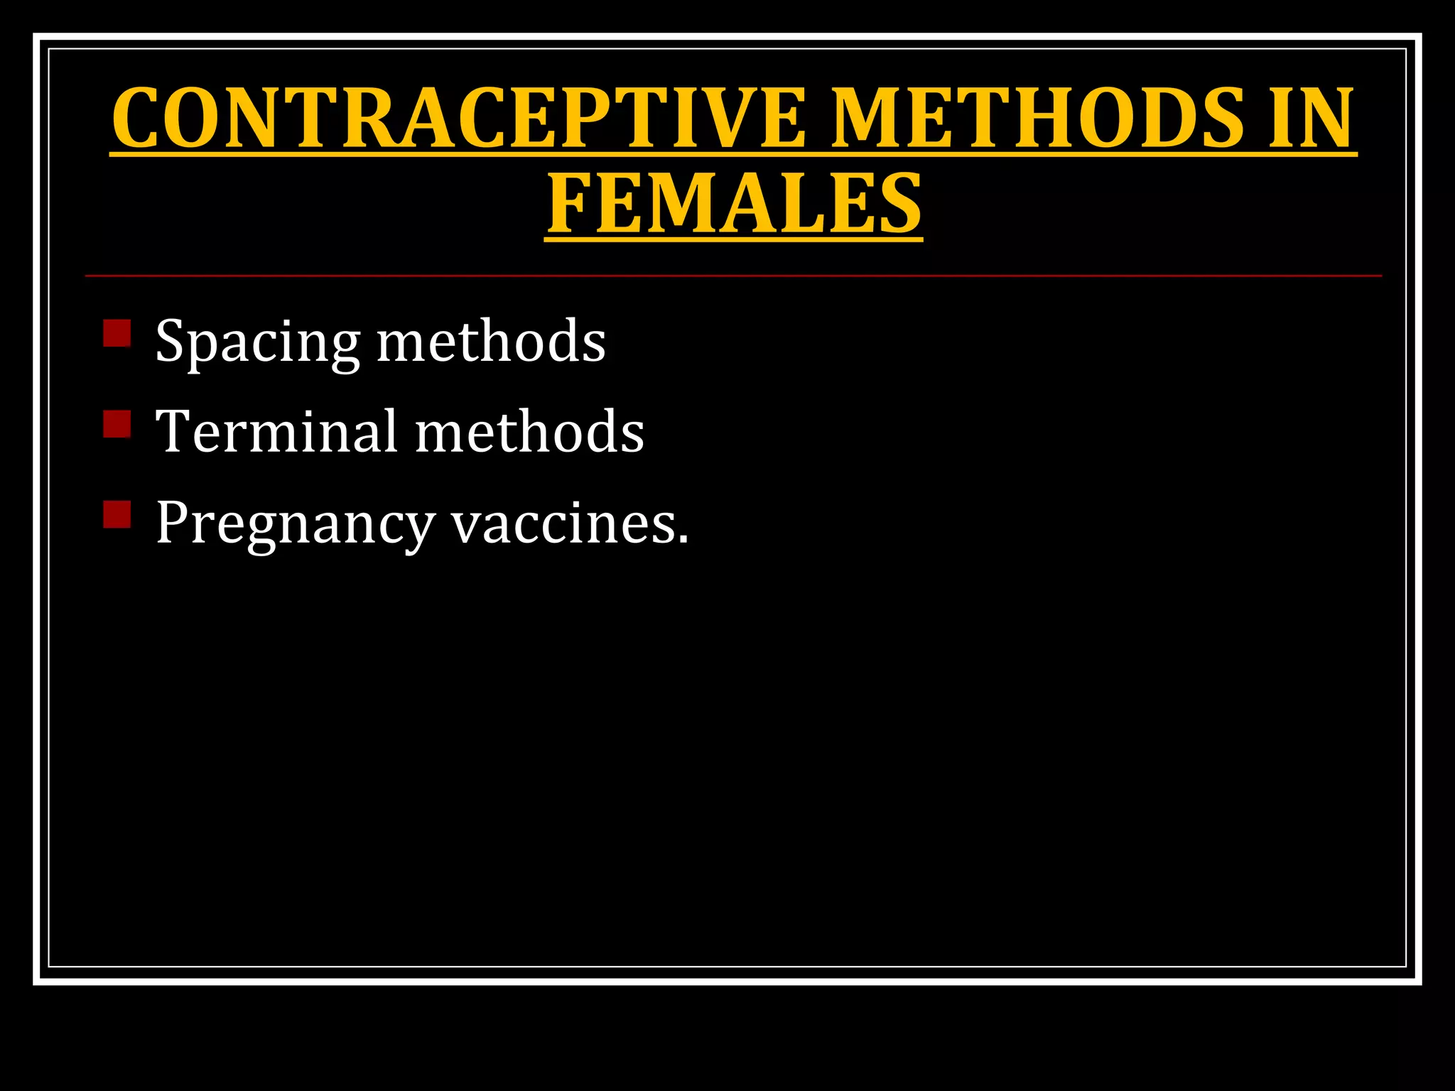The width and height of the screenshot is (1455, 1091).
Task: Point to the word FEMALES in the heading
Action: (734, 205)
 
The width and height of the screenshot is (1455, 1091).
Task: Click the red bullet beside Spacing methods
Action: (117, 332)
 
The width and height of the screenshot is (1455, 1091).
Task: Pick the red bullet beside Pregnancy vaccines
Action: (117, 514)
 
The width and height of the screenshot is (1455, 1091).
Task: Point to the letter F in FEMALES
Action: (570, 205)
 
